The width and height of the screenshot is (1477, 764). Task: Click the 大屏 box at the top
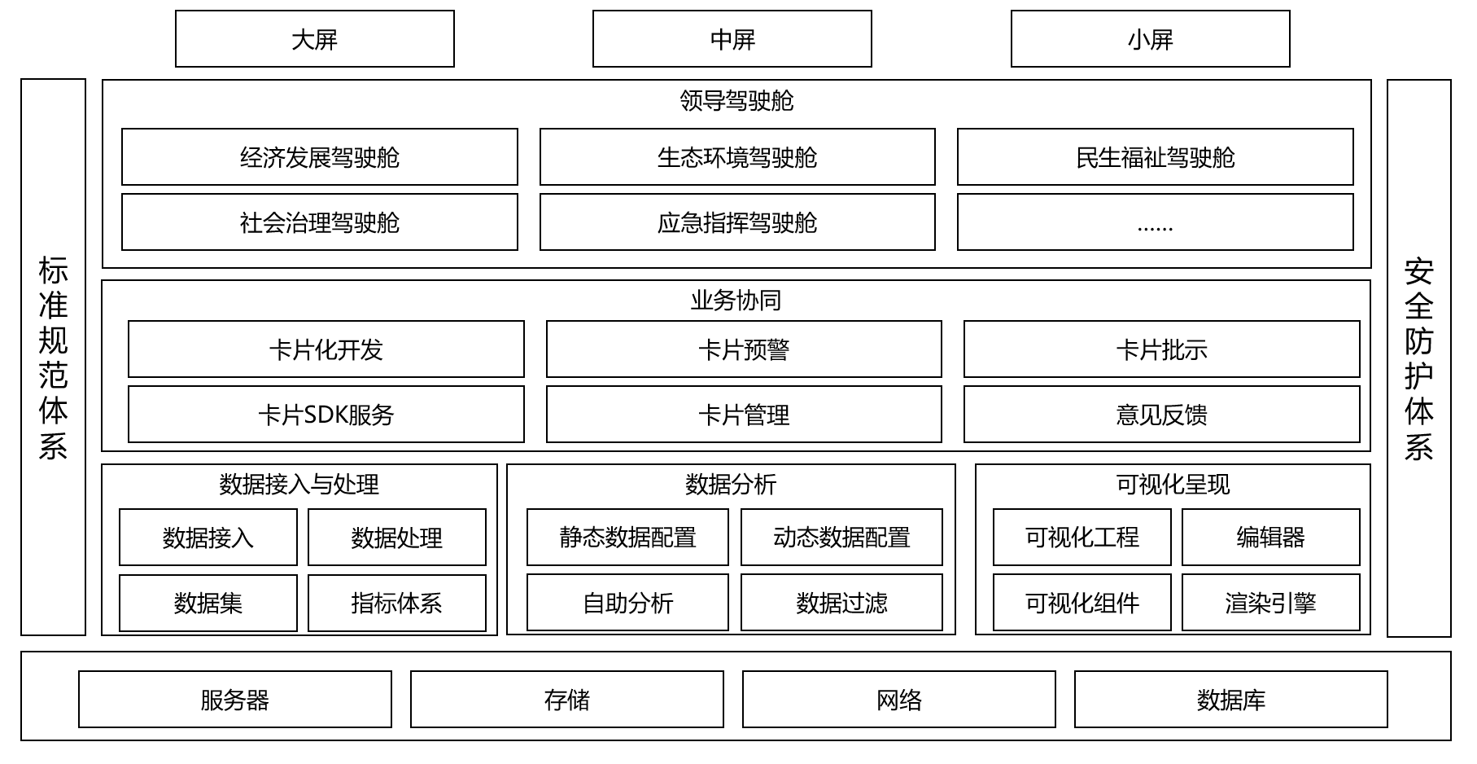click(314, 39)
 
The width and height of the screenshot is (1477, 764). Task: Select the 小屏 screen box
click(1150, 39)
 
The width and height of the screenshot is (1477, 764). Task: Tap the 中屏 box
click(732, 39)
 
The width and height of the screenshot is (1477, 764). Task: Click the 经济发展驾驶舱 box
click(319, 157)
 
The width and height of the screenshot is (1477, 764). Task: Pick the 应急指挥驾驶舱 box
click(736, 222)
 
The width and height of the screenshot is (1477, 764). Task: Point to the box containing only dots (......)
click(1155, 222)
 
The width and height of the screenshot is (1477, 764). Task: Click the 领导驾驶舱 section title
click(736, 101)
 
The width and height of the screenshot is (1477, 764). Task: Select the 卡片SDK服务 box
click(326, 415)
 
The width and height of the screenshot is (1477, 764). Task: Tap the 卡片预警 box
click(743, 349)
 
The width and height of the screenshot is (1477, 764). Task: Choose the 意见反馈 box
click(1161, 415)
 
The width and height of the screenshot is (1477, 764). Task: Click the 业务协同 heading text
click(736, 301)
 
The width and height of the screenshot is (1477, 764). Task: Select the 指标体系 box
click(396, 603)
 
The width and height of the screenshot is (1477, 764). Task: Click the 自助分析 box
click(627, 603)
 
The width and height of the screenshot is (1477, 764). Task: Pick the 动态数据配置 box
click(841, 538)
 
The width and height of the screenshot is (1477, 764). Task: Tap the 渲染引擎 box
click(1270, 603)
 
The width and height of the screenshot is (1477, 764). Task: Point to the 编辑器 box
click(1270, 538)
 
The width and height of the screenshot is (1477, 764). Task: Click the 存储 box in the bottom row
click(566, 700)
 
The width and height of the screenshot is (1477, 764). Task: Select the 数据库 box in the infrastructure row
click(1230, 700)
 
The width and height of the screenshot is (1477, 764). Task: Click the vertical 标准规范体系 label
click(53, 358)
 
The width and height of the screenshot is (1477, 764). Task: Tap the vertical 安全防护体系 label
click(1418, 358)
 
